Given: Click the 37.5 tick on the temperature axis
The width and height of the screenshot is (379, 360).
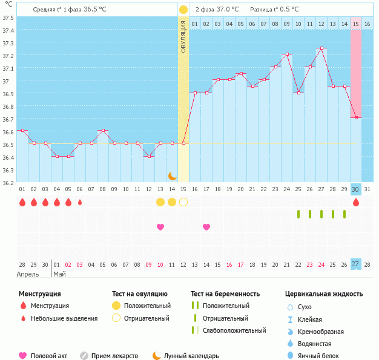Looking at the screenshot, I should pos(8,18).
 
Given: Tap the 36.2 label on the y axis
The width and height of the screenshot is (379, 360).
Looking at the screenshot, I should pos(8,182).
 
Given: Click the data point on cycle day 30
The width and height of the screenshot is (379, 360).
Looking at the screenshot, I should pos(356,118).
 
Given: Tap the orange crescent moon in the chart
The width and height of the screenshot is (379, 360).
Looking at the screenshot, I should pos(173,175).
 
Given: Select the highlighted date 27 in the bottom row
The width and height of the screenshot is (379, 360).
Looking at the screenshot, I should pos(356,264).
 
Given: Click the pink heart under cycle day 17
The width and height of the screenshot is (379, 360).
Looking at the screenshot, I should pos(206,227).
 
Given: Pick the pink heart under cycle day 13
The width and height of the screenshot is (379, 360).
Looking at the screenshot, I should pos(160,227).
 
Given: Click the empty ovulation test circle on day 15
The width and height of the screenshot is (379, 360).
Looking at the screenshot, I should pos(183,202).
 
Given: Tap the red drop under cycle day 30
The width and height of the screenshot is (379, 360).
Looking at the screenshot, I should pos(356,202).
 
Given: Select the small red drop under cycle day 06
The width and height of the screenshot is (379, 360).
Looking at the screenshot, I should pos(80,202).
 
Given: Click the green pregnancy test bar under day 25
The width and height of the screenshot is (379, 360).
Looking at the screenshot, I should pos(298,214).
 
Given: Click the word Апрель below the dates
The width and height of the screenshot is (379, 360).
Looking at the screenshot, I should pos(28,274).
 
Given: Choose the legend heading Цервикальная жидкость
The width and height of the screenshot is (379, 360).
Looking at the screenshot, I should pos(324,293).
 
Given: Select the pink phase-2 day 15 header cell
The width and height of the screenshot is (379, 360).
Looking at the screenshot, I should pos(356,24).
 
